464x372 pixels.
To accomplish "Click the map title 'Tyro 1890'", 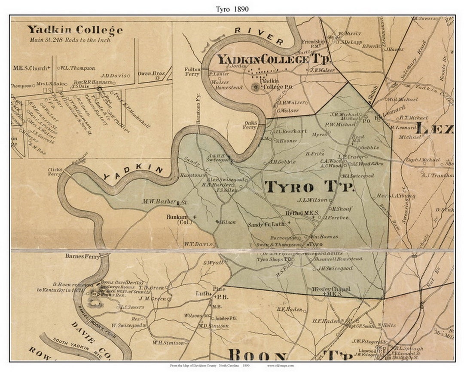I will click(x=232, y=8).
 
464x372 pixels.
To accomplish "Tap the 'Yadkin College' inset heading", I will click(x=75, y=30).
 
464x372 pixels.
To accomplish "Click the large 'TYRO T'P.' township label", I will click(x=309, y=187).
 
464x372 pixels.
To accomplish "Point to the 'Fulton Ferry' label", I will click(x=192, y=71).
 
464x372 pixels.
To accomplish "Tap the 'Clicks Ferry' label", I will click(x=55, y=172).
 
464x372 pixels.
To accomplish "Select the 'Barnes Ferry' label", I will click(x=82, y=256).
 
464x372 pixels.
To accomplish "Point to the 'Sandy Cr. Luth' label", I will click(x=266, y=224).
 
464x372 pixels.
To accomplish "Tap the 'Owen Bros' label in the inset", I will click(x=151, y=74).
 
